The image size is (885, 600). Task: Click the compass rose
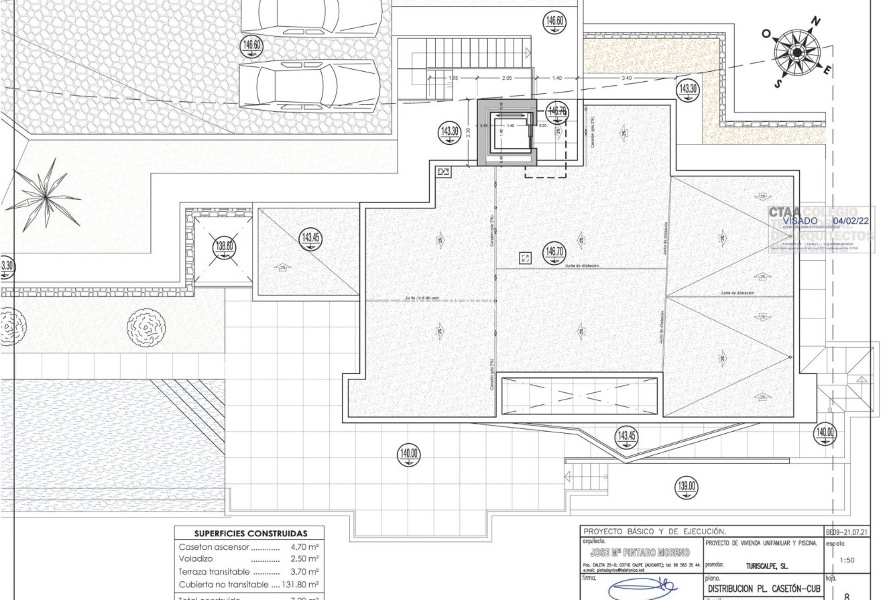[x=796, y=52]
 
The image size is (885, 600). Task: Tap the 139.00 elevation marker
[x=686, y=487]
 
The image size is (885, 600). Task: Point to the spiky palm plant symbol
[x=45, y=195]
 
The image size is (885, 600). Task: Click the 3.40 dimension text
[x=626, y=78]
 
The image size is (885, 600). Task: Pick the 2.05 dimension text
[x=506, y=78]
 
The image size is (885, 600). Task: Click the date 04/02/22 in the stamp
[x=851, y=221]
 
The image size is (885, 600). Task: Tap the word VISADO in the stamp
[x=800, y=221]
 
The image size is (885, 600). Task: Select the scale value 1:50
[x=846, y=560]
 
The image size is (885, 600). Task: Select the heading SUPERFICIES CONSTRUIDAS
[x=251, y=534]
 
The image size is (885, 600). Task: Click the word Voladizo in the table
[x=196, y=559]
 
